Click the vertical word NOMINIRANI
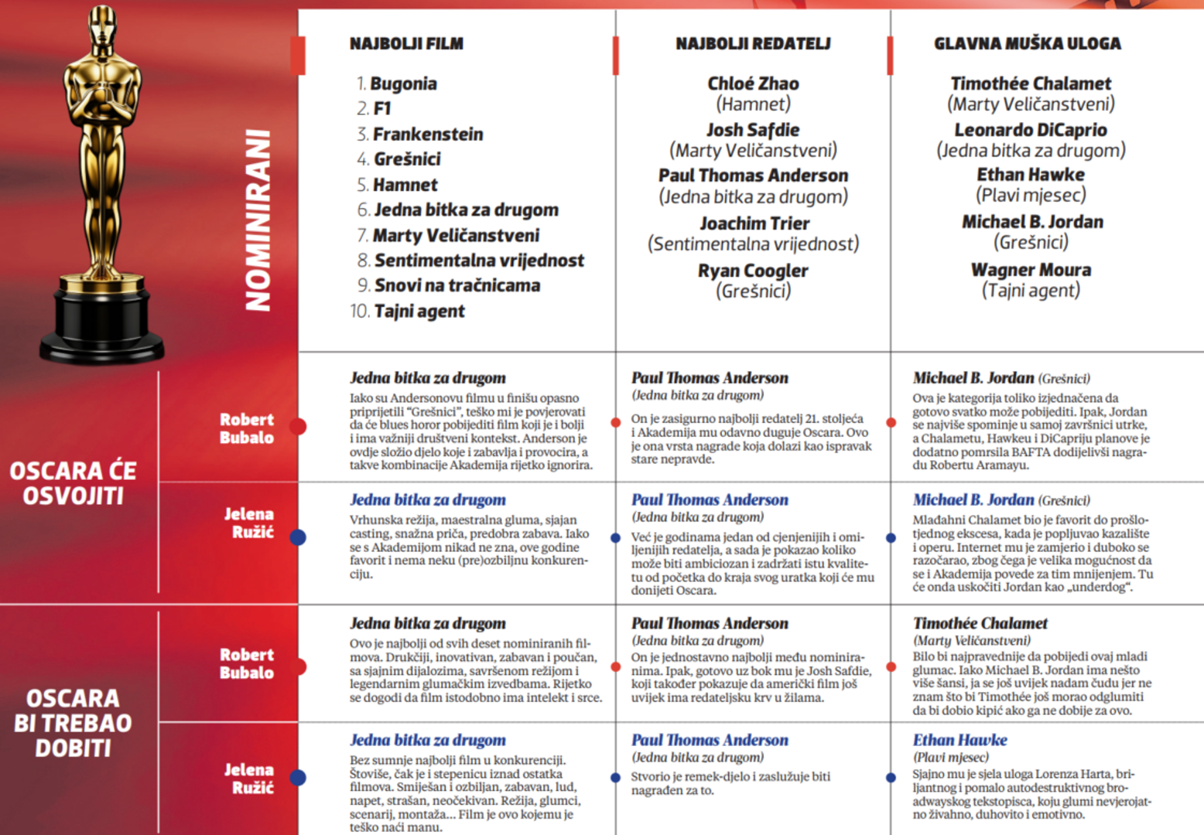[258, 220]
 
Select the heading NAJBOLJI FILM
[406, 43]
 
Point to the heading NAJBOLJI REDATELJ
[753, 43]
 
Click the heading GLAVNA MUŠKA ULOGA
[1027, 43]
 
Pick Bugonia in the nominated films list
[403, 83]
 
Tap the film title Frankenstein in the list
[428, 135]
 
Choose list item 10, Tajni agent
[419, 311]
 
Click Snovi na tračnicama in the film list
[457, 285]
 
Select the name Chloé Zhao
[753, 83]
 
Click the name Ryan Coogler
[753, 271]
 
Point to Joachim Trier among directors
[754, 223]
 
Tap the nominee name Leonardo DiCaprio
[1030, 130]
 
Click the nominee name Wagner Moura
[1031, 270]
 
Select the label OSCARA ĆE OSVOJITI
[73, 482]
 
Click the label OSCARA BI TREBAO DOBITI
[73, 723]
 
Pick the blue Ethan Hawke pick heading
[959, 740]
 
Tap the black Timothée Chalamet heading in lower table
[980, 623]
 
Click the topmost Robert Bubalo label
[246, 428]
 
